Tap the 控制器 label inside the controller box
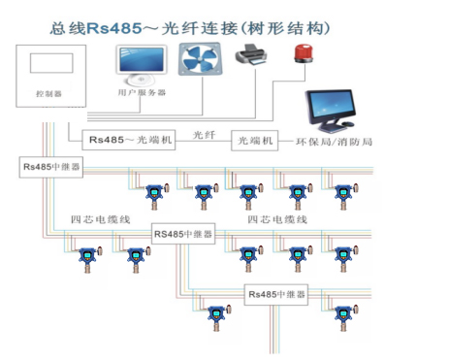click(x=48, y=95)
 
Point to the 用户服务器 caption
click(x=142, y=94)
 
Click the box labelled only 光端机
click(x=254, y=141)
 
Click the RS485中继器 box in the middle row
click(x=183, y=234)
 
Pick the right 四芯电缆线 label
click(x=276, y=219)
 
